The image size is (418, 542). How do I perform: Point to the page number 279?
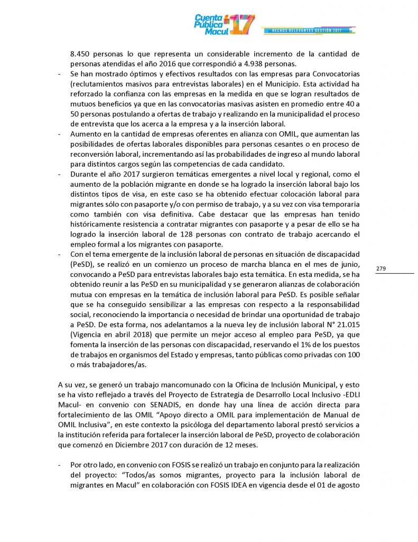pyautogui.click(x=381, y=269)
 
